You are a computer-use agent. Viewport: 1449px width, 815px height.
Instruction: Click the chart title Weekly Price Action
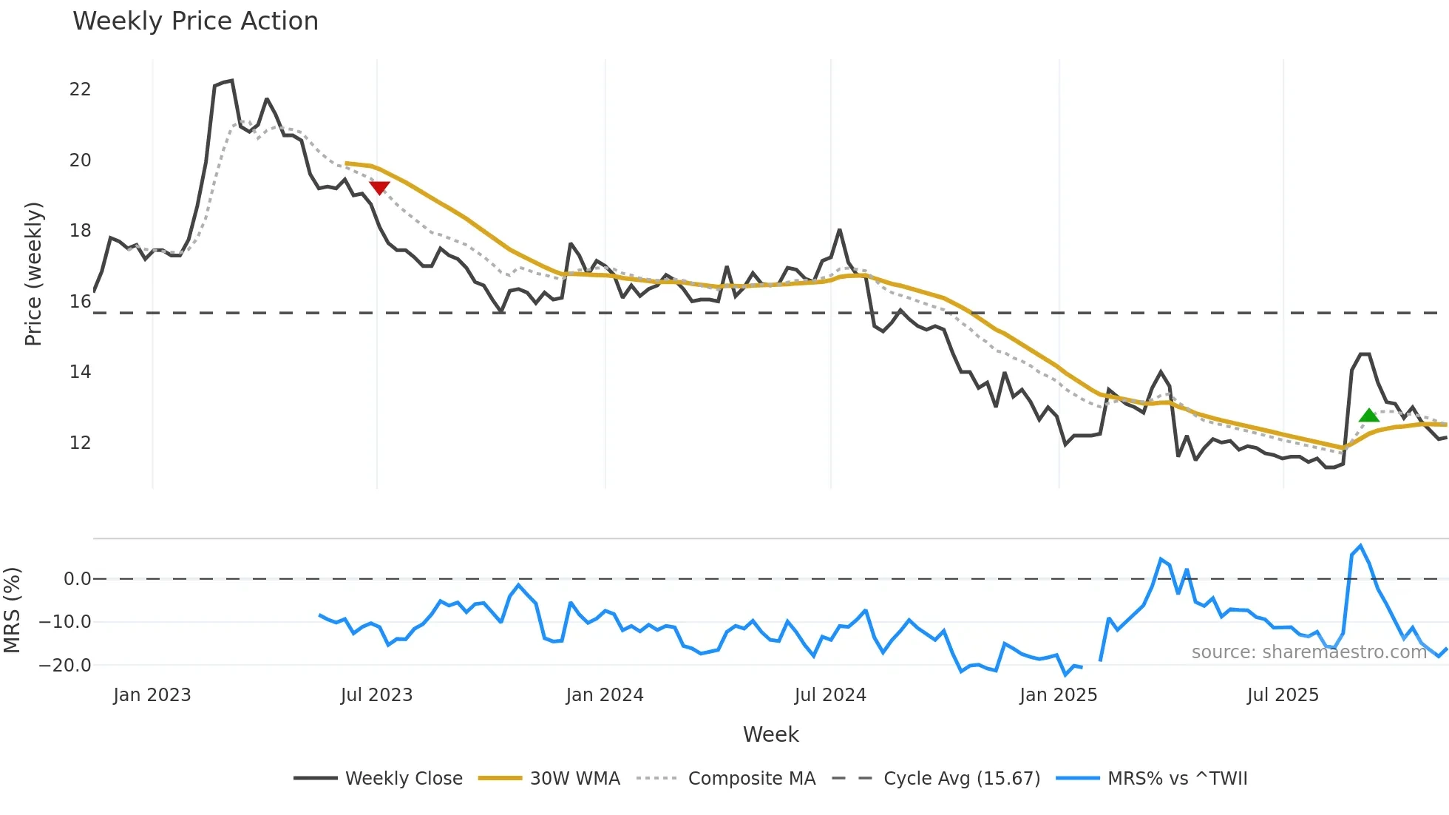click(x=195, y=21)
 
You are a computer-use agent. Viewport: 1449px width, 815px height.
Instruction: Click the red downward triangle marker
click(x=379, y=188)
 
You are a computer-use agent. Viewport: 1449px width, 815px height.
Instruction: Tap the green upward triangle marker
click(x=1368, y=416)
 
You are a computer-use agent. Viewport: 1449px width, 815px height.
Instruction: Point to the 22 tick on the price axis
click(x=80, y=89)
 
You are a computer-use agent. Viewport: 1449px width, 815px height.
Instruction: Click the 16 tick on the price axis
click(x=80, y=302)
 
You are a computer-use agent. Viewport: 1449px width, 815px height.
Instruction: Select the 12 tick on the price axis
click(x=80, y=443)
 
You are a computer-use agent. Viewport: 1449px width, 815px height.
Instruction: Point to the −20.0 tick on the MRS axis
click(x=65, y=666)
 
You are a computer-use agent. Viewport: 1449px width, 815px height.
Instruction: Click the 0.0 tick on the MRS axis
click(x=77, y=579)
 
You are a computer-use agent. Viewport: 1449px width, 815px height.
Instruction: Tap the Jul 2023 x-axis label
click(x=376, y=695)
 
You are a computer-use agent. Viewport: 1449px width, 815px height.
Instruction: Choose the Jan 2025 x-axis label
click(x=1058, y=695)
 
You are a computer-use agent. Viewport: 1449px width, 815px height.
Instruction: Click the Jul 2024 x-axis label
click(x=830, y=695)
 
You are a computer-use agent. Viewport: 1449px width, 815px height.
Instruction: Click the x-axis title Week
click(x=770, y=734)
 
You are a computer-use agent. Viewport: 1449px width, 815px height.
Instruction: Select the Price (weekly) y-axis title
click(x=33, y=274)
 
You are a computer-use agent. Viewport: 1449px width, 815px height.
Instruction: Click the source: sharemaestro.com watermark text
click(x=1309, y=652)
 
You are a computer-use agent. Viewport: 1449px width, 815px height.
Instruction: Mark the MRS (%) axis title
click(x=12, y=610)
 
